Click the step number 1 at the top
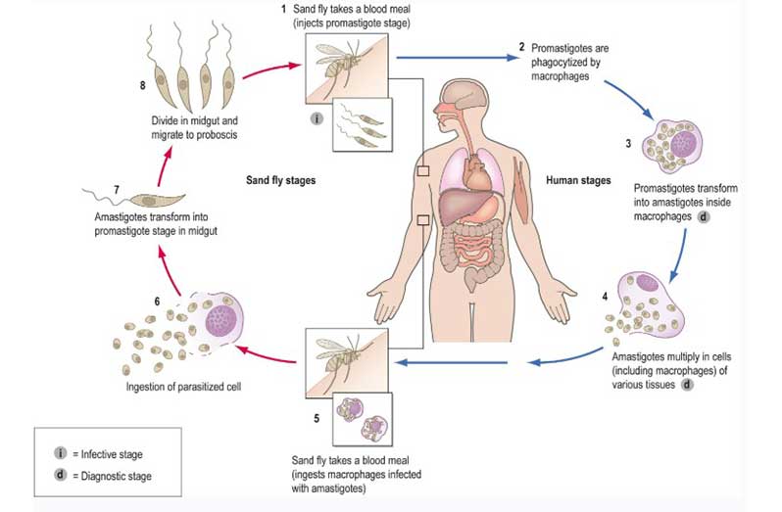point(283,9)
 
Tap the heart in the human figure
point(476,173)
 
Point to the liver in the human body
point(459,208)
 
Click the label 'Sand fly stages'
point(281,180)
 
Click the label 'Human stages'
point(578,180)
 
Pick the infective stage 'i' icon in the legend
point(61,453)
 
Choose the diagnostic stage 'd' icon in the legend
point(61,475)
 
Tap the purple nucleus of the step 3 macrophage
point(684,145)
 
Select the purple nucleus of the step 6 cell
point(221,320)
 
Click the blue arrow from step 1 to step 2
point(458,58)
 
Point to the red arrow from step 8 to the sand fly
point(272,69)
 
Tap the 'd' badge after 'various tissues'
point(687,385)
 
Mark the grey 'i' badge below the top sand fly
point(317,118)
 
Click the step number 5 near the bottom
point(317,418)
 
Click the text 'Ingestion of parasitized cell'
point(183,387)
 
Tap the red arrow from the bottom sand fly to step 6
point(266,355)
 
